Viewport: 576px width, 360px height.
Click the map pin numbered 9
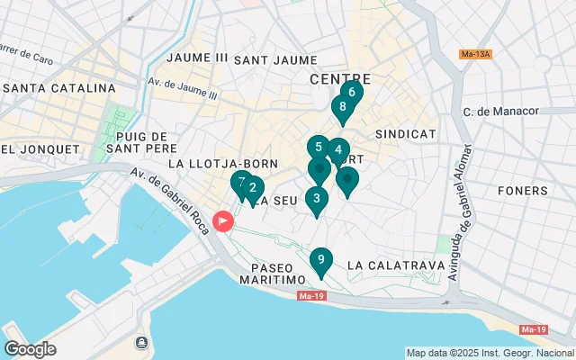click(x=320, y=261)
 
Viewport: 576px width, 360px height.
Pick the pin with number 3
click(x=316, y=199)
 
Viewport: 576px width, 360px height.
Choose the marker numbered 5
click(x=318, y=147)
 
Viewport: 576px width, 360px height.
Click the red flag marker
click(x=222, y=220)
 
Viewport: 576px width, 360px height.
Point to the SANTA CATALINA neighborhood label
click(x=58, y=88)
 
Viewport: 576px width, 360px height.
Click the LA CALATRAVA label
click(x=395, y=265)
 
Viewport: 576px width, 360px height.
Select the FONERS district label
click(x=522, y=191)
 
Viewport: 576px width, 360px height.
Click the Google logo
click(x=30, y=349)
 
